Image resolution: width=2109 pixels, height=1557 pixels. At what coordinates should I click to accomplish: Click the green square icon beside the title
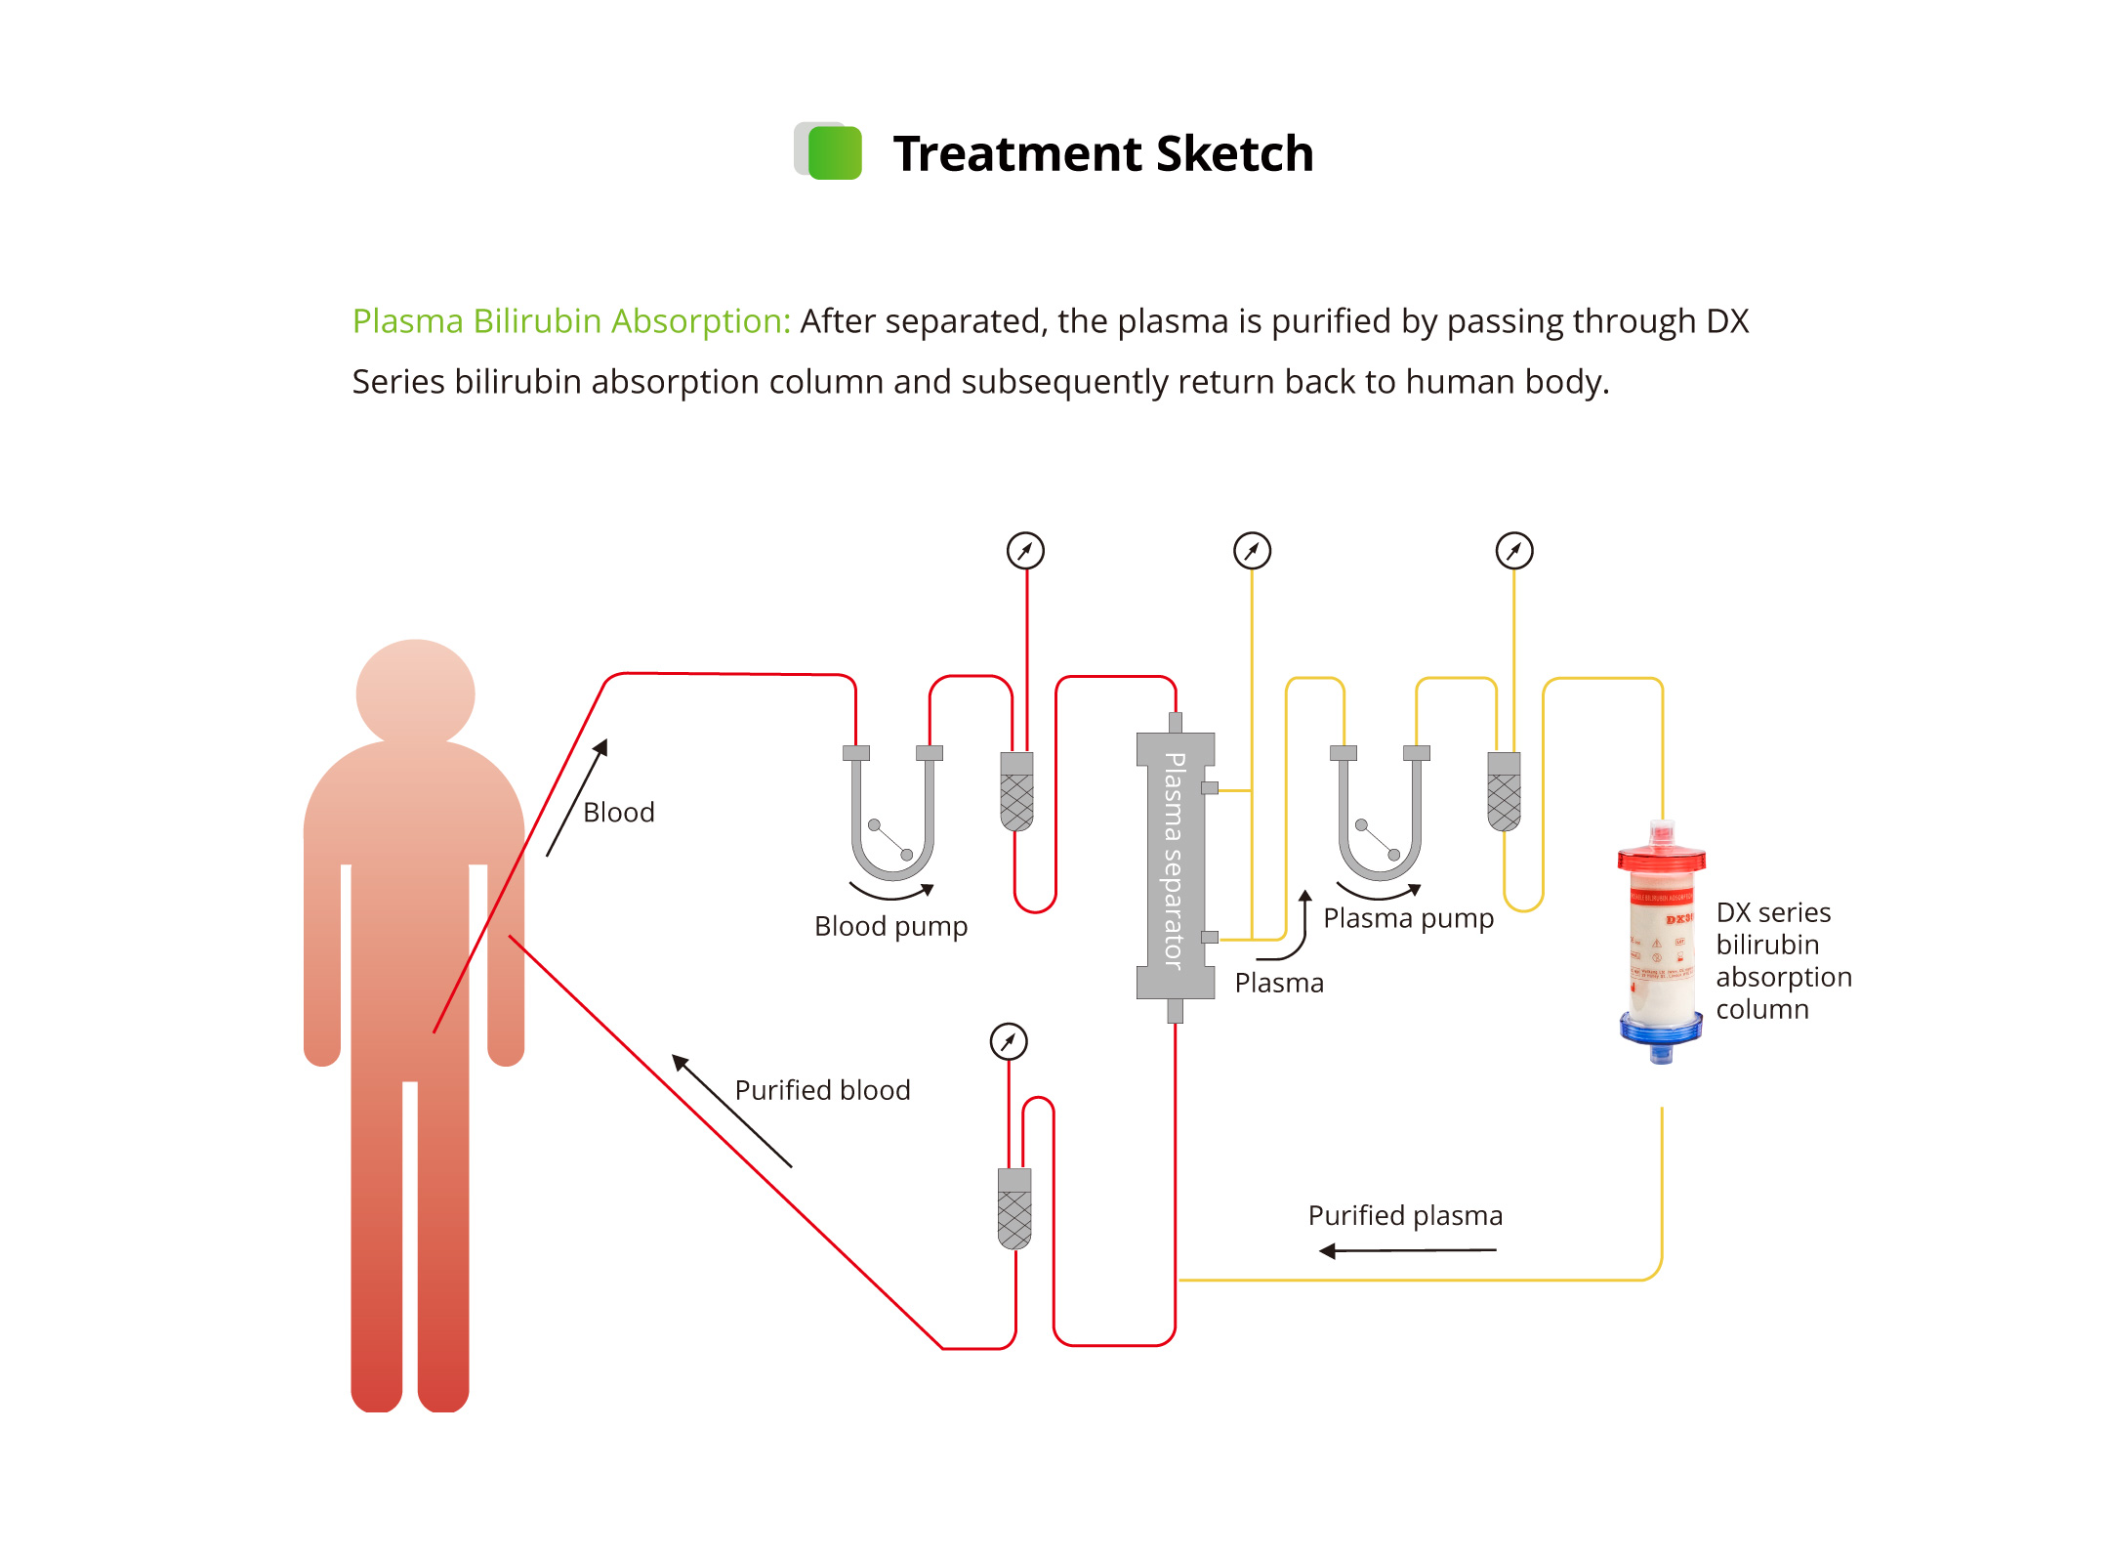[834, 152]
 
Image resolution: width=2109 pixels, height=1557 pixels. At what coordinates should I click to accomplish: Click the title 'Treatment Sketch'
[1102, 153]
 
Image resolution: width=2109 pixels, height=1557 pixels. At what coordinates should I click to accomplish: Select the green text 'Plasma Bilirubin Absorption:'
[570, 321]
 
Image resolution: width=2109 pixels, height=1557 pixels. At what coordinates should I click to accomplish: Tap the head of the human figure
[415, 693]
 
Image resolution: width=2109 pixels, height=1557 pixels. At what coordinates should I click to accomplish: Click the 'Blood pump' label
[890, 926]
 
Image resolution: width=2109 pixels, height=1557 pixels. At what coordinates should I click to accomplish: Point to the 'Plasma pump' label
[1408, 918]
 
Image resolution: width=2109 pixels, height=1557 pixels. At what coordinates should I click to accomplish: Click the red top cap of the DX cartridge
[1661, 858]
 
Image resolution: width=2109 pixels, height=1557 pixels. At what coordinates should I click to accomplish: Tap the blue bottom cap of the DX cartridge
[1661, 1031]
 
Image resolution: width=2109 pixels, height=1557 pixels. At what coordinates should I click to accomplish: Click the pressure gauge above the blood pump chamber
[1025, 551]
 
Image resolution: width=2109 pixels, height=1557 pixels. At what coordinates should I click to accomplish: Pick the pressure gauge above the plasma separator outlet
[1252, 551]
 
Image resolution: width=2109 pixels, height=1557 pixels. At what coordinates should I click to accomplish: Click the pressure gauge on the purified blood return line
[1009, 1041]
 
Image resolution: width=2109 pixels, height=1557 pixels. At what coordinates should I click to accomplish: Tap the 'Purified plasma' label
[1405, 1215]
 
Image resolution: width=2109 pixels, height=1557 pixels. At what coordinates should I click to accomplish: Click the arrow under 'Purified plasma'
[1406, 1250]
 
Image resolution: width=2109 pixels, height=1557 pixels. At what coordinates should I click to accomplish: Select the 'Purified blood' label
[822, 1090]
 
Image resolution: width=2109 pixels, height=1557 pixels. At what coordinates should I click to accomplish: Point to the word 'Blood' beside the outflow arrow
[618, 813]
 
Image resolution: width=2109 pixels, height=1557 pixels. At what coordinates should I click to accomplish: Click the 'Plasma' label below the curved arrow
[1279, 983]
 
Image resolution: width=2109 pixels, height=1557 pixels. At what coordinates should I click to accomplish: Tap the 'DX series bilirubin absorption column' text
[1783, 960]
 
